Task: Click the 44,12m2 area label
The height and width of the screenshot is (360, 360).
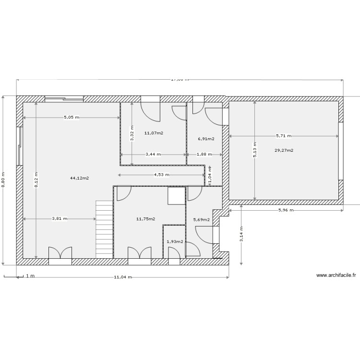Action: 80,178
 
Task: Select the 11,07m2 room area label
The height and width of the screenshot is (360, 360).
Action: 154,133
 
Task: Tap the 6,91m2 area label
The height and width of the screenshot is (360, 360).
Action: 206,139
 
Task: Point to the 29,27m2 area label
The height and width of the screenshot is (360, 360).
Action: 284,150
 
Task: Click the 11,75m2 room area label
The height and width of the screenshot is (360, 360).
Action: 145,219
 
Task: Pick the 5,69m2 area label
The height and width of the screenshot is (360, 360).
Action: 201,220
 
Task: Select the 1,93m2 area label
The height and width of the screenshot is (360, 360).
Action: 175,241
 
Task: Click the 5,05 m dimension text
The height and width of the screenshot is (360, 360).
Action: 72,117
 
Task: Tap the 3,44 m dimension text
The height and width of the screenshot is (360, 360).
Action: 153,155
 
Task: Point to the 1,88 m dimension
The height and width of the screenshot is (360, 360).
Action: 204,155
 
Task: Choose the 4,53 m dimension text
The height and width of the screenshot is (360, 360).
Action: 161,175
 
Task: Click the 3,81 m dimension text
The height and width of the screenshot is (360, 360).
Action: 60,218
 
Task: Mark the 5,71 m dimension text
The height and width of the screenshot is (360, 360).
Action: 283,136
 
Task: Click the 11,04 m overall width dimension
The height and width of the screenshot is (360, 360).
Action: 123,277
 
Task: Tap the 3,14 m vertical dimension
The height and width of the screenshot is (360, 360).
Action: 241,235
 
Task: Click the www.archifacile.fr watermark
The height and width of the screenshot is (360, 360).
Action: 336,276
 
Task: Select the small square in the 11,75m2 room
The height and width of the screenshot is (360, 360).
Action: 176,196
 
